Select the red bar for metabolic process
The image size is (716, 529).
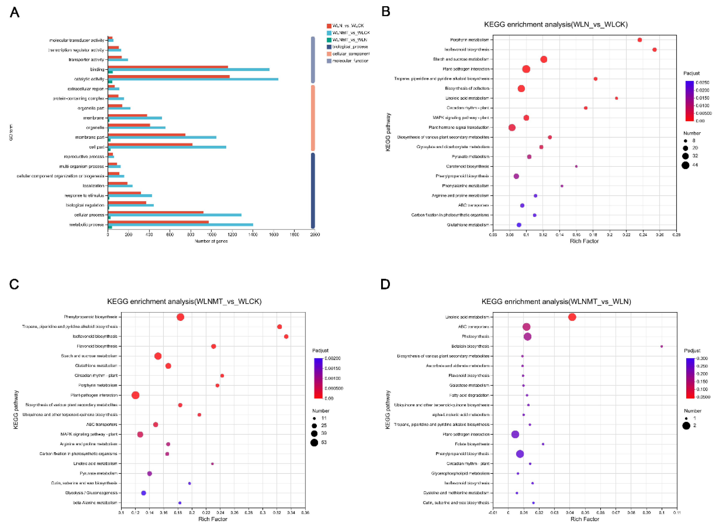pos(158,222)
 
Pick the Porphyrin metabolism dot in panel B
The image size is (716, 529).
pos(639,40)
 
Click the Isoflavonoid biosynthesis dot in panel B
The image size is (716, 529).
pos(654,50)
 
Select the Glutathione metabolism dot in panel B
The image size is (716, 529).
pos(519,225)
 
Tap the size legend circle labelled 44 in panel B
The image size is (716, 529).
pos(685,165)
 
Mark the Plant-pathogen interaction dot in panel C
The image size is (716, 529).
pos(135,395)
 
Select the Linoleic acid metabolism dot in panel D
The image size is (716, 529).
pos(572,317)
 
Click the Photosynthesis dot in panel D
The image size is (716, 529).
pos(527,336)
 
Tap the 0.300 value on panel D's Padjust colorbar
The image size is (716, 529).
pos(702,358)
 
